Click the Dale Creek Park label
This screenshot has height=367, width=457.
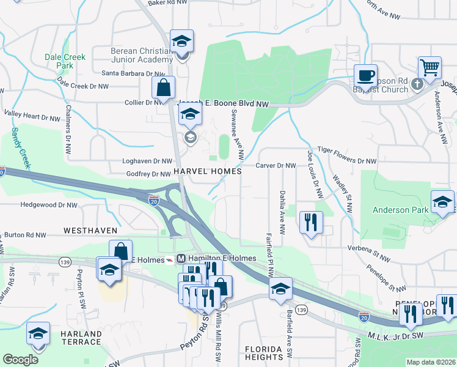pyautogui.click(x=65, y=61)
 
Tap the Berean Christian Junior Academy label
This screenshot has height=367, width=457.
pyautogui.click(x=142, y=55)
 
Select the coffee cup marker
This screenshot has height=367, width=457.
pyautogui.click(x=365, y=76)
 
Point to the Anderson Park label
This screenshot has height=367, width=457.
pyautogui.click(x=400, y=210)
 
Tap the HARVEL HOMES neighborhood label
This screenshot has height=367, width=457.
pyautogui.click(x=208, y=172)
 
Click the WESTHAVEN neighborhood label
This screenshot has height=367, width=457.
pyautogui.click(x=90, y=231)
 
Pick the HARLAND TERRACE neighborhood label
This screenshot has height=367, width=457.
pyautogui.click(x=81, y=338)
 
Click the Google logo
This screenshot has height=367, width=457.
pyautogui.click(x=21, y=360)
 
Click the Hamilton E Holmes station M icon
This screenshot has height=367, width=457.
pyautogui.click(x=181, y=259)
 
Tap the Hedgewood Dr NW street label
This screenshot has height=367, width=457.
pyautogui.click(x=49, y=206)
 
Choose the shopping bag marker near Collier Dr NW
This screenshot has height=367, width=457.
pyautogui.click(x=163, y=88)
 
